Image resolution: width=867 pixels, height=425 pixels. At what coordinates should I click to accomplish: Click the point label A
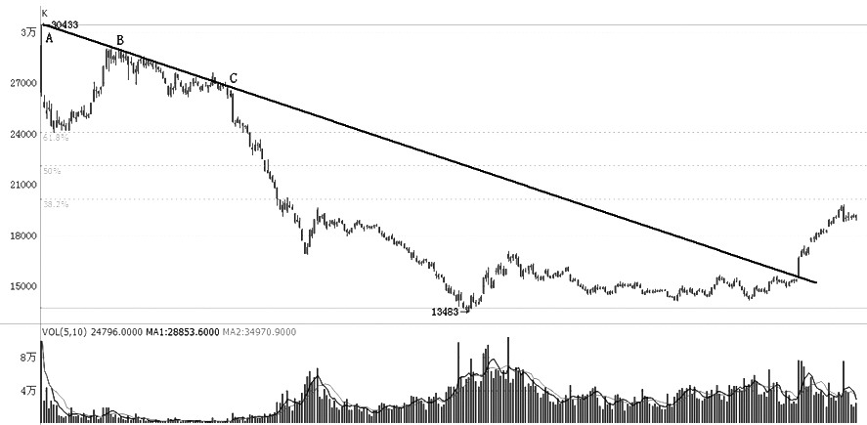(x=49, y=39)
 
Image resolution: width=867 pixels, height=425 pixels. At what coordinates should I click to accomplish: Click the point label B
(x=120, y=40)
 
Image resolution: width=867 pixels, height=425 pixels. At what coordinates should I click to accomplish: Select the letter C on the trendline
(x=233, y=78)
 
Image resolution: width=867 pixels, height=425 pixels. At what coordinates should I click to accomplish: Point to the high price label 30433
(x=65, y=23)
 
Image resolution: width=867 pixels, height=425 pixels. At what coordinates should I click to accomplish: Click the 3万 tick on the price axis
(x=28, y=33)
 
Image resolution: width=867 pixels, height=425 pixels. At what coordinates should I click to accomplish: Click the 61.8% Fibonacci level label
(x=56, y=138)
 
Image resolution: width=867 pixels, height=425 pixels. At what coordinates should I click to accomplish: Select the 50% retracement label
(x=52, y=171)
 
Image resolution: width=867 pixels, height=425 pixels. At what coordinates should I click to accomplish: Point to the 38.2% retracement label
(x=56, y=204)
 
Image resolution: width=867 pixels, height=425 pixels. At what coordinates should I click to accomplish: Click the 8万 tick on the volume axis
(x=27, y=360)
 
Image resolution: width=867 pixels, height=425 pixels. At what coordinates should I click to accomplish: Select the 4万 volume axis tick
(x=27, y=392)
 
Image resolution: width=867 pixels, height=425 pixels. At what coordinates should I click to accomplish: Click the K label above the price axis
(x=44, y=13)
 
